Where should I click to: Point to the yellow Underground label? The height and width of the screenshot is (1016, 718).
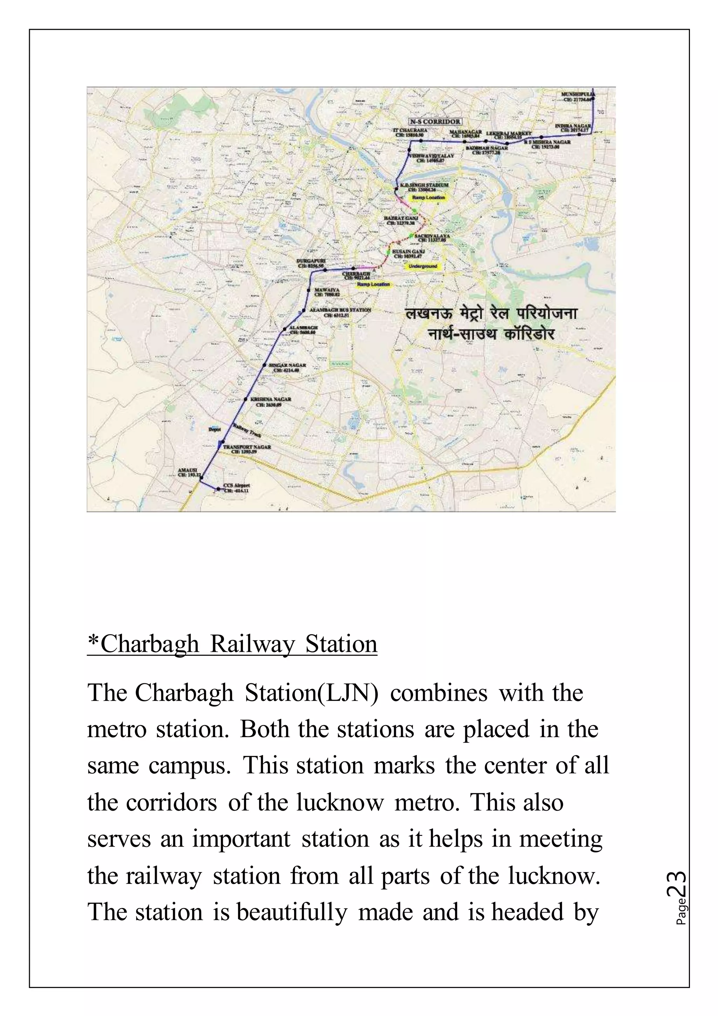pyautogui.click(x=423, y=266)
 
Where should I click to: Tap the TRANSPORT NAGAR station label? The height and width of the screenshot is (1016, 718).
pyautogui.click(x=247, y=447)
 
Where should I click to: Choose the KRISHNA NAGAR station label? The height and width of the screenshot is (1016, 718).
pyautogui.click(x=271, y=399)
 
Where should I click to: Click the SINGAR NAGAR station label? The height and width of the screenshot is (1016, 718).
pyautogui.click(x=287, y=365)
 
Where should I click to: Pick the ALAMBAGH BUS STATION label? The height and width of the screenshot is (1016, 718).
pyautogui.click(x=340, y=310)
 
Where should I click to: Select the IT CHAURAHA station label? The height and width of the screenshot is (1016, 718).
pyautogui.click(x=410, y=131)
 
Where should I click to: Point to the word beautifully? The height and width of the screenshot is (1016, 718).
pyautogui.click(x=292, y=913)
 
